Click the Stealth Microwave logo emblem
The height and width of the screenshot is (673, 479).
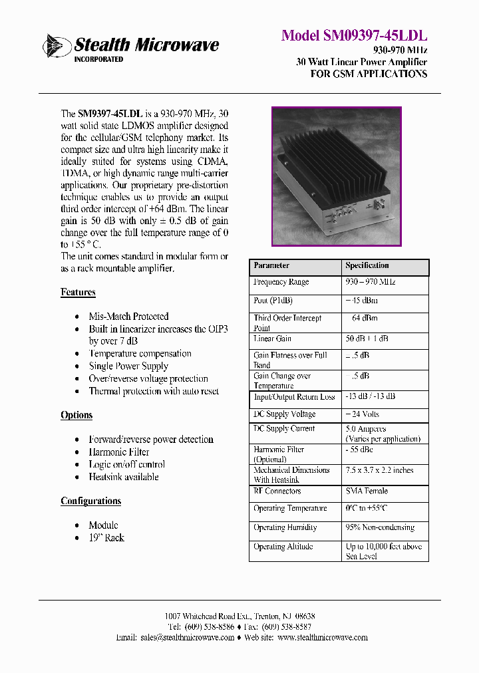pos(57,46)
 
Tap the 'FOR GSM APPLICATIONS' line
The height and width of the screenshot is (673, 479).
pos(369,74)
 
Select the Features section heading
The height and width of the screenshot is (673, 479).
pos(78,293)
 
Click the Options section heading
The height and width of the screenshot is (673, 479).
pos(77,415)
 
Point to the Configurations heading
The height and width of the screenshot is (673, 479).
pos(90,501)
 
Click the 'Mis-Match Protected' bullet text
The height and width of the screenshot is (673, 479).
pos(128,317)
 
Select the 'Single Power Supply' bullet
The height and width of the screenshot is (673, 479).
pos(128,366)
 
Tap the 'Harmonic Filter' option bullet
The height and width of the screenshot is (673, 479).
pos(119,452)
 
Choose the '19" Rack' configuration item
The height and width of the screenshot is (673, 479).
pos(106,538)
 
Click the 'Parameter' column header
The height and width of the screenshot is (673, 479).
pos(271,265)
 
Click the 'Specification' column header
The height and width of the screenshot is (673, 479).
pos(367,265)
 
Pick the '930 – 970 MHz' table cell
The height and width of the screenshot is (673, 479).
pos(371,282)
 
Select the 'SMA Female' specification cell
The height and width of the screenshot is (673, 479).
pos(367,491)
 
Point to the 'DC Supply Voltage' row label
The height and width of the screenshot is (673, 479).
pos(285,414)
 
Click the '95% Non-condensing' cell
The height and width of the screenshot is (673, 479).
pos(380,527)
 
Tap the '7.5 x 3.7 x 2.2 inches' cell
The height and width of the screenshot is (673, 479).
pos(379,470)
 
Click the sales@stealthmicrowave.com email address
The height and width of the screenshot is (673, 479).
pos(188,637)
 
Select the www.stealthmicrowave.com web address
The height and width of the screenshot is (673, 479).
pos(323,637)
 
